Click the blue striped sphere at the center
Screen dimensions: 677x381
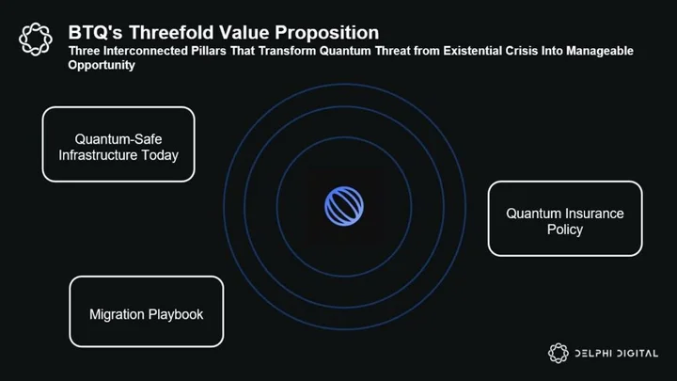click(x=344, y=206)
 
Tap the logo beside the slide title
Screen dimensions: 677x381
click(x=36, y=40)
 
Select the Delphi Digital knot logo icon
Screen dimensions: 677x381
click(x=559, y=353)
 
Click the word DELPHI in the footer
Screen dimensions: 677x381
click(x=593, y=354)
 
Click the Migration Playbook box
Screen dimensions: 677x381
click(x=147, y=311)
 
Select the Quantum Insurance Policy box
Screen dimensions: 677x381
click(x=565, y=218)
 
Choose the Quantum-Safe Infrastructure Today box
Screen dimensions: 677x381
click(x=118, y=144)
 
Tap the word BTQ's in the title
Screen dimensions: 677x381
click(x=95, y=33)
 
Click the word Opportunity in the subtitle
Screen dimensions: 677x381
click(x=102, y=65)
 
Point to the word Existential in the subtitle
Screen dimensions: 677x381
click(x=472, y=51)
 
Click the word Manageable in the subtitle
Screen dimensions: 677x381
click(x=600, y=51)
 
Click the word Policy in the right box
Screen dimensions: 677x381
click(x=565, y=230)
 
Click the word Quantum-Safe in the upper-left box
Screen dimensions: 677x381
click(x=118, y=139)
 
